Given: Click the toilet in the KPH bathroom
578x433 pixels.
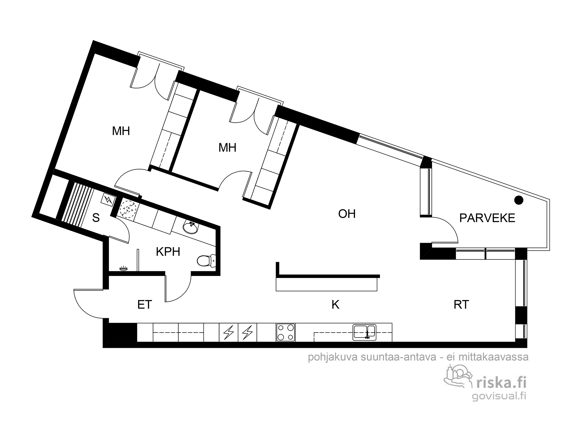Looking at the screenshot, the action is (x=206, y=260).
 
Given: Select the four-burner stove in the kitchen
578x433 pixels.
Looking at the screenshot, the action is (x=286, y=332).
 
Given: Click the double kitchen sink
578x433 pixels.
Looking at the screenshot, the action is (x=364, y=332).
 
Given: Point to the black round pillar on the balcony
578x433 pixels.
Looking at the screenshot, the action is (x=519, y=200).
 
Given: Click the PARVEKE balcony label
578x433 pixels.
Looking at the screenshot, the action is (x=487, y=218).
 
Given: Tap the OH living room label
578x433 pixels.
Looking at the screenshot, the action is (x=347, y=214).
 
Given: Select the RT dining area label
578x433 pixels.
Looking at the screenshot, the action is (x=461, y=305).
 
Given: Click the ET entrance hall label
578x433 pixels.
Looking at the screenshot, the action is (x=145, y=305).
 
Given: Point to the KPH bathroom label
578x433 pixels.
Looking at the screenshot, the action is (x=168, y=252).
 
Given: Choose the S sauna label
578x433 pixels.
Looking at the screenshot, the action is (x=96, y=218).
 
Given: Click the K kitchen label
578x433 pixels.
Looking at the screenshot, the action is (x=335, y=305).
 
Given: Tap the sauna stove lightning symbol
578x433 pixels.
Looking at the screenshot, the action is (x=108, y=199).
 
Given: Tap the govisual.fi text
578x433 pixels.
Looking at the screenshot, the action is (x=499, y=396).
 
